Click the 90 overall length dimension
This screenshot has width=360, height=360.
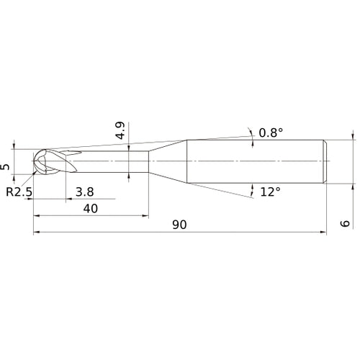pyautogui.click(x=179, y=224)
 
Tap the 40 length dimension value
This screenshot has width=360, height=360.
pyautogui.click(x=91, y=207)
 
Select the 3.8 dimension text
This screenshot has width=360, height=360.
pyautogui.click(x=84, y=192)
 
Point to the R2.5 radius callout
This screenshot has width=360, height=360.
pyautogui.click(x=19, y=192)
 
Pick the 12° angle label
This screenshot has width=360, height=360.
pyautogui.click(x=271, y=192)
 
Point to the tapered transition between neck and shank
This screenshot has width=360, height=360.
pyautogui.click(x=167, y=159)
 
